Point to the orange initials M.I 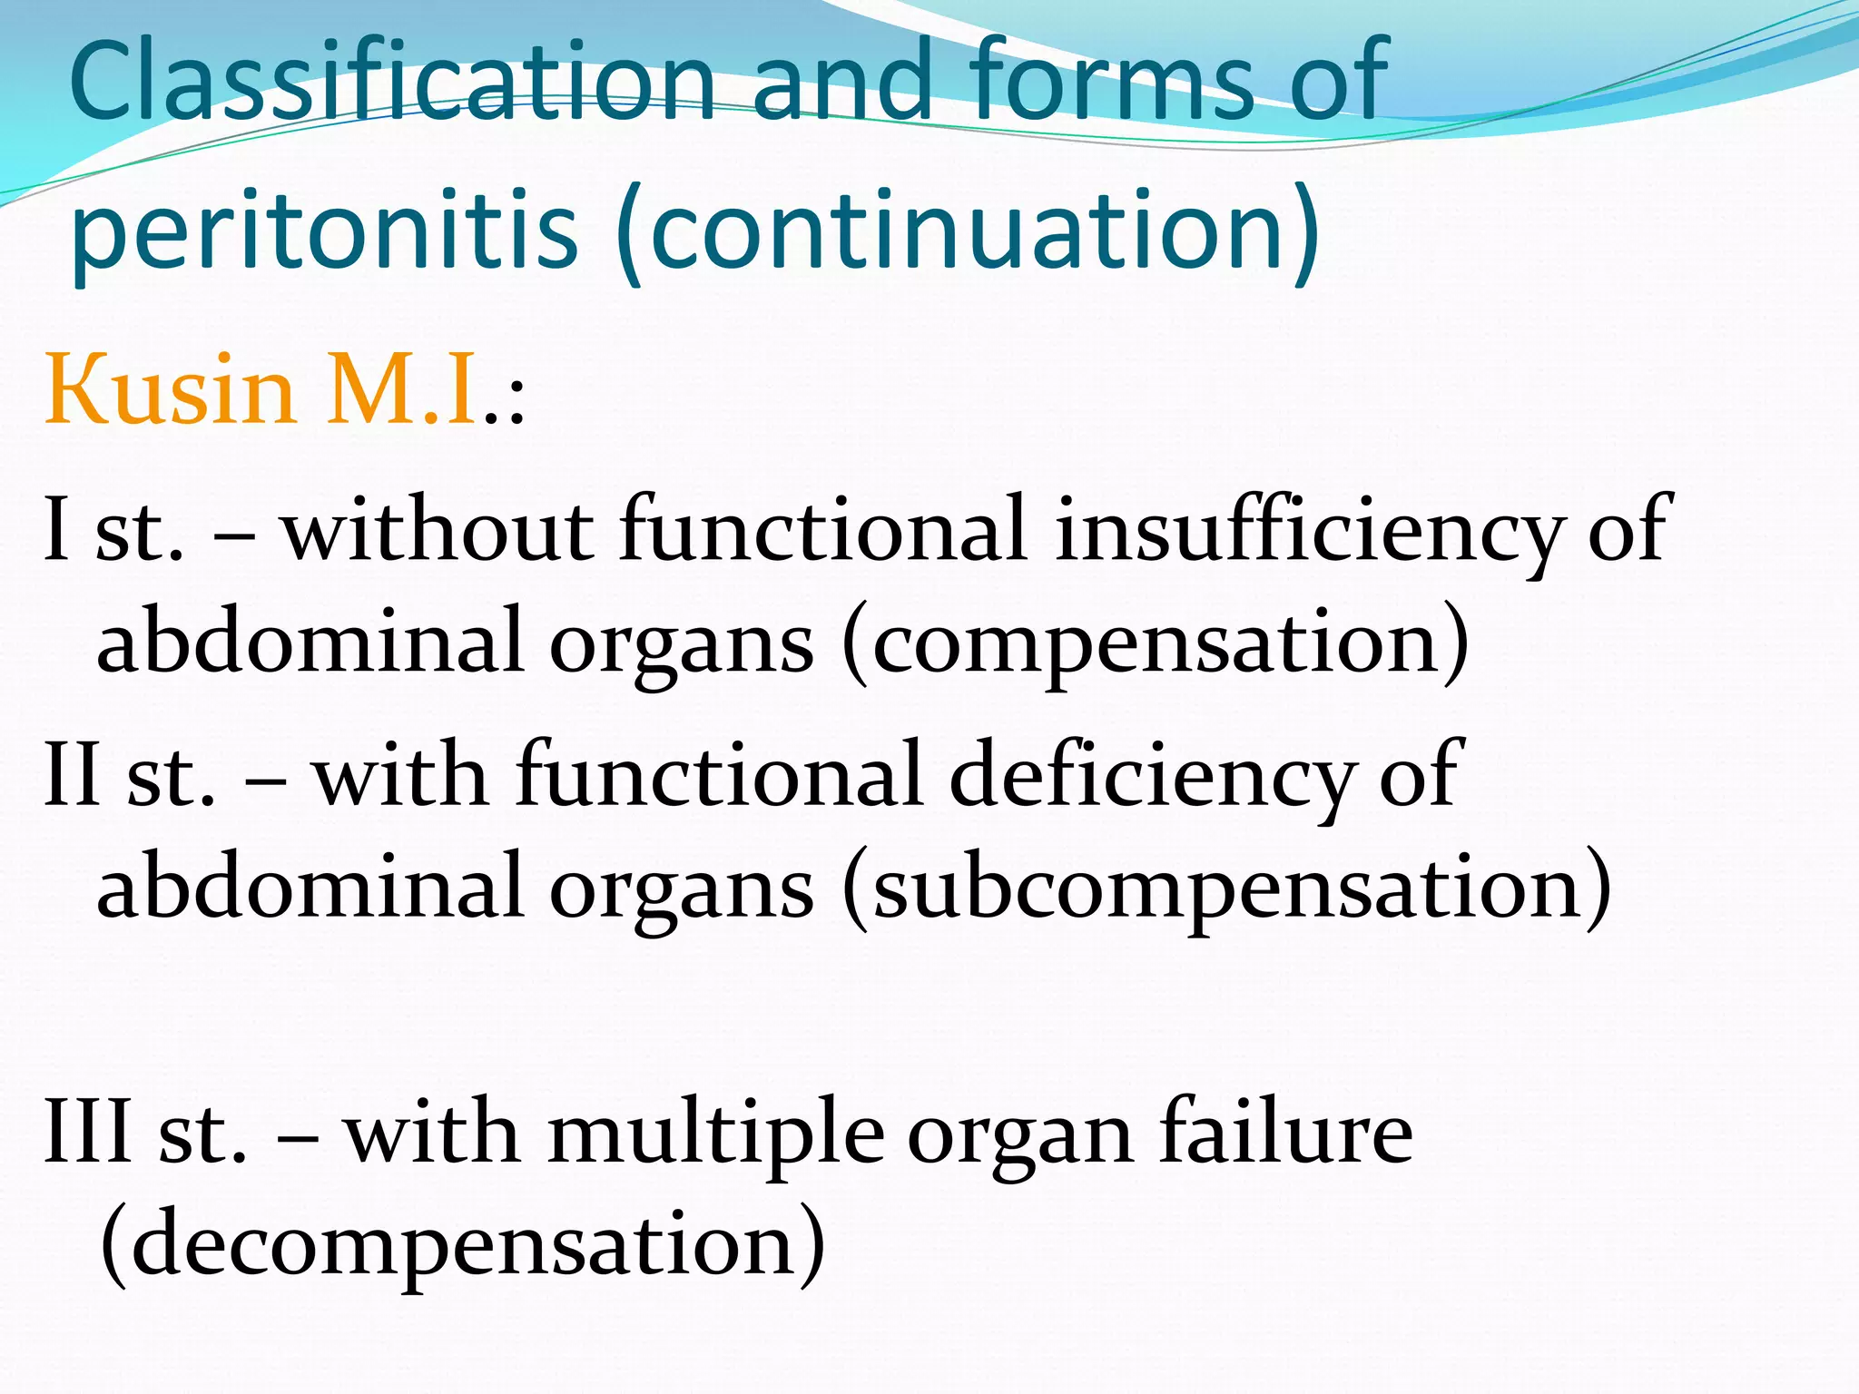click(403, 390)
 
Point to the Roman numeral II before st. click(73, 776)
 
